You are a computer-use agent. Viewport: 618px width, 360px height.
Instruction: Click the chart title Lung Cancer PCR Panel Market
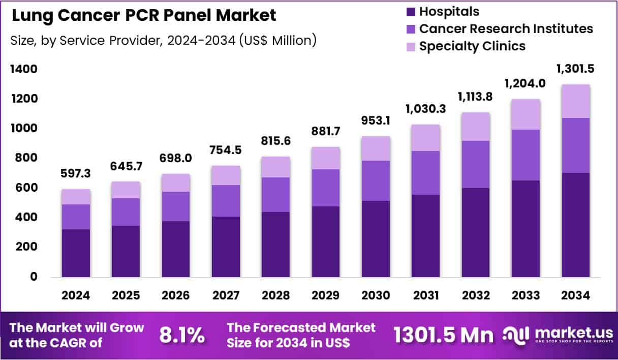click(x=144, y=16)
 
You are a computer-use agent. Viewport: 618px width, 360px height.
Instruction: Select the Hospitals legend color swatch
click(x=410, y=11)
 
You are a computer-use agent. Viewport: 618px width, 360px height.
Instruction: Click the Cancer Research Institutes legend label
click(x=506, y=28)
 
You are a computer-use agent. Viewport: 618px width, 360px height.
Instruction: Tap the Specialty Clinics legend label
click(x=472, y=46)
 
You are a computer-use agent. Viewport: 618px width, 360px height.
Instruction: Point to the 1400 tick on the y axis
click(x=24, y=69)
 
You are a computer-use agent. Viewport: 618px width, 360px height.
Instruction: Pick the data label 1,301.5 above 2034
click(x=576, y=69)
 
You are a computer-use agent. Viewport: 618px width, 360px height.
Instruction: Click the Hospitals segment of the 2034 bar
click(x=576, y=225)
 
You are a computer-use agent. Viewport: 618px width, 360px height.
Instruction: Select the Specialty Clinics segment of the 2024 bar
click(x=76, y=197)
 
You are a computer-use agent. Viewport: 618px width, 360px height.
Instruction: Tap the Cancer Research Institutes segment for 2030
click(x=376, y=181)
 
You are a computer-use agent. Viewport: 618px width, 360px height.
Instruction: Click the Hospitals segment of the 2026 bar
click(x=176, y=249)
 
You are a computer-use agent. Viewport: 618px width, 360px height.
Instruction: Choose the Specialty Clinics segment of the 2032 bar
click(x=476, y=127)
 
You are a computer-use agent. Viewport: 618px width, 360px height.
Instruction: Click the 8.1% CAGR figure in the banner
click(x=182, y=335)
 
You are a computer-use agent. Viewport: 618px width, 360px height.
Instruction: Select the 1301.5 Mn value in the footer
click(x=443, y=335)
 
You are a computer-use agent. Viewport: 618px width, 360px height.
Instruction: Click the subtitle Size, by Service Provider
click(x=163, y=40)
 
